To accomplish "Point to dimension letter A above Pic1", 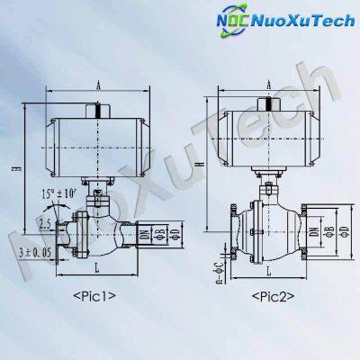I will pos(95,85).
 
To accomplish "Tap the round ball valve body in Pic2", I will pos(271,229).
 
